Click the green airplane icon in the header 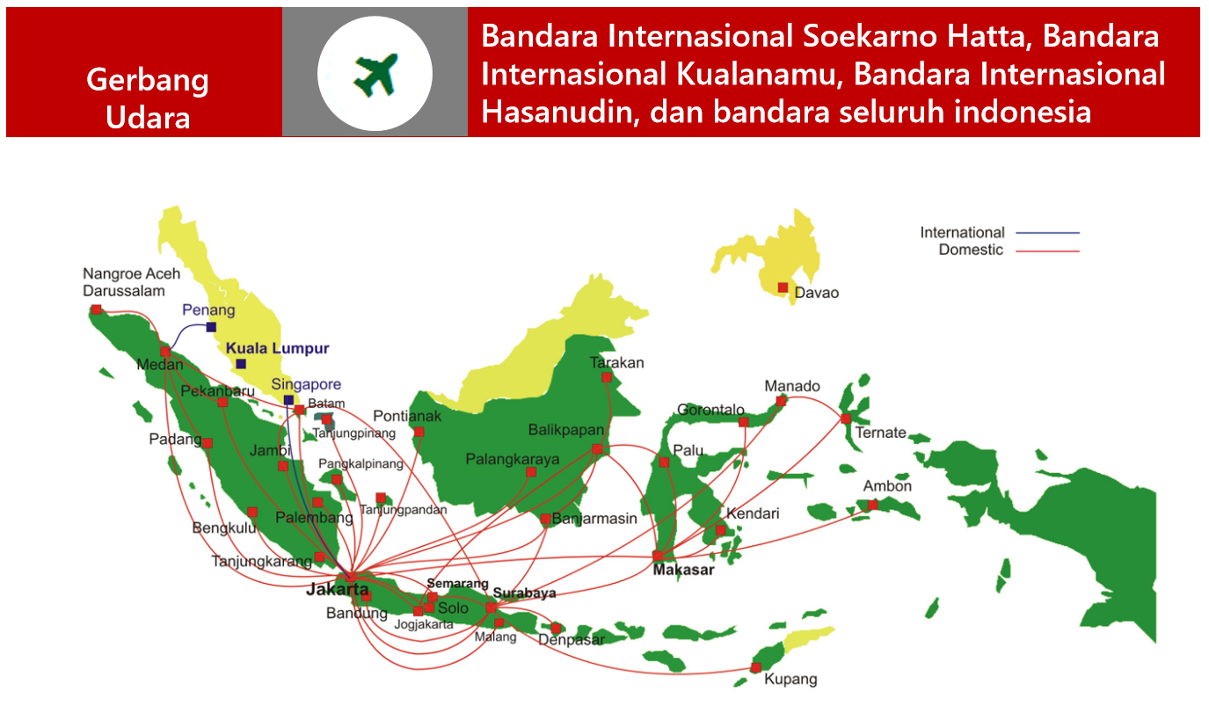click(375, 75)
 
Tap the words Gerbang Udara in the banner click(148, 98)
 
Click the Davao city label click(816, 293)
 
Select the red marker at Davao click(783, 287)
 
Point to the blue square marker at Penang click(212, 327)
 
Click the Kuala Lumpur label click(278, 348)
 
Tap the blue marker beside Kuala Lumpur click(241, 364)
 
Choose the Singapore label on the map click(306, 384)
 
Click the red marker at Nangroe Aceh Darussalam click(96, 309)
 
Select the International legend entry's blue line click(1047, 233)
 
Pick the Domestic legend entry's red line click(1047, 251)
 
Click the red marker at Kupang click(756, 667)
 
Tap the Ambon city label click(887, 486)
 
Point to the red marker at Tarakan click(607, 377)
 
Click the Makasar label click(683, 570)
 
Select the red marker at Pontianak click(419, 432)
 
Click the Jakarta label click(338, 589)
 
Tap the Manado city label click(792, 386)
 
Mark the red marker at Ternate click(846, 419)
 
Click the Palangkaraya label click(513, 459)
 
